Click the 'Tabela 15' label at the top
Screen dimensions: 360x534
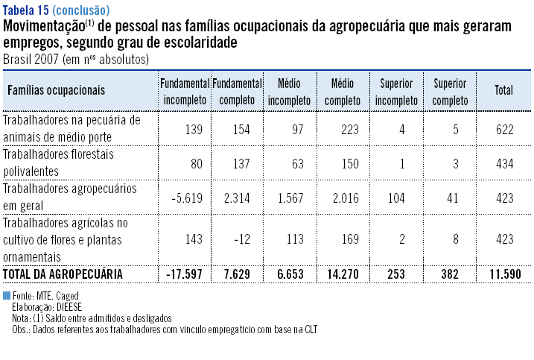coord(26,10)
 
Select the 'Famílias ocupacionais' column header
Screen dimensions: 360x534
coord(56,90)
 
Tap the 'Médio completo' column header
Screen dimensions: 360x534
coord(343,90)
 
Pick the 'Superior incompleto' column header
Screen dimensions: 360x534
coord(396,90)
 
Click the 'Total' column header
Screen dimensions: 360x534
coord(503,90)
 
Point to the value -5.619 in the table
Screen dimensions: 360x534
coord(187,199)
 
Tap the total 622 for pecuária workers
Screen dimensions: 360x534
coord(504,129)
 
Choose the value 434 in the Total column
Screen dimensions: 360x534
coord(504,163)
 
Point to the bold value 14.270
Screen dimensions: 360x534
coord(343,274)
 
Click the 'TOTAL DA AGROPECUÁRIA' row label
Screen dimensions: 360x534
coord(64,274)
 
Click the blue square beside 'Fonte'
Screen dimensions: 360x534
coord(7,296)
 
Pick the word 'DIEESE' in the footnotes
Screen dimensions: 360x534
coord(68,307)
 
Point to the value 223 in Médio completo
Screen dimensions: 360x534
coord(349,129)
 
